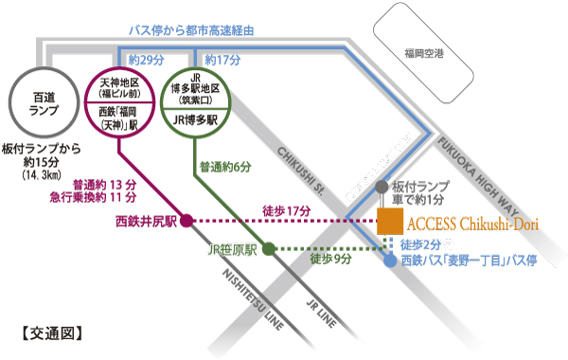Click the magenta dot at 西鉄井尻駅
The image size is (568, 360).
186,221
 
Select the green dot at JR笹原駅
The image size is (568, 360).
268,250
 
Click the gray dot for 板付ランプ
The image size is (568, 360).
382,188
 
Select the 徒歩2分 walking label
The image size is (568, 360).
420,243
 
